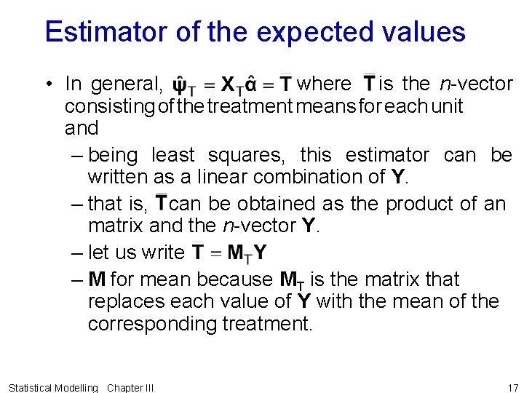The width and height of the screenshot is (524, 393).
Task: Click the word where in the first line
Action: coord(325,84)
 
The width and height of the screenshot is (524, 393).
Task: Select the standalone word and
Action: coord(81,128)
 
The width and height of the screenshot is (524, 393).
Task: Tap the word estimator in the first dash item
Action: coord(387,155)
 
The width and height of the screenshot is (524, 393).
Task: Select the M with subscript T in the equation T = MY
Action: coord(238,253)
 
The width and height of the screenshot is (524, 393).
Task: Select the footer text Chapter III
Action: coord(130,388)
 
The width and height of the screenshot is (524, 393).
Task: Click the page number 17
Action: coord(512,388)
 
